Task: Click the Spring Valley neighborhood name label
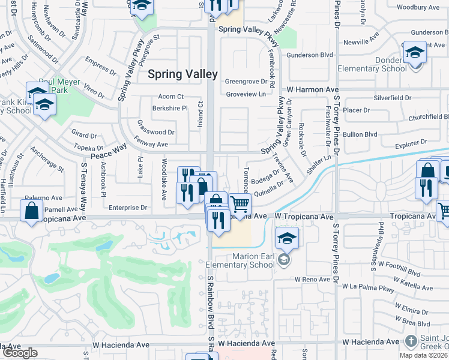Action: tap(183, 74)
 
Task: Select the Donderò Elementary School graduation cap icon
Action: tap(414, 52)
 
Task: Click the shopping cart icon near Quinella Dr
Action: tap(240, 205)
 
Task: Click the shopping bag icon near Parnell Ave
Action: tap(31, 211)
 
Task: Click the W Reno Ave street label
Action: tap(312, 280)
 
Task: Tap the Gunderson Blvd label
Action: tap(310, 55)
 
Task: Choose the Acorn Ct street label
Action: tap(170, 97)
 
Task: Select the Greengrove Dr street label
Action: tap(245, 82)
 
